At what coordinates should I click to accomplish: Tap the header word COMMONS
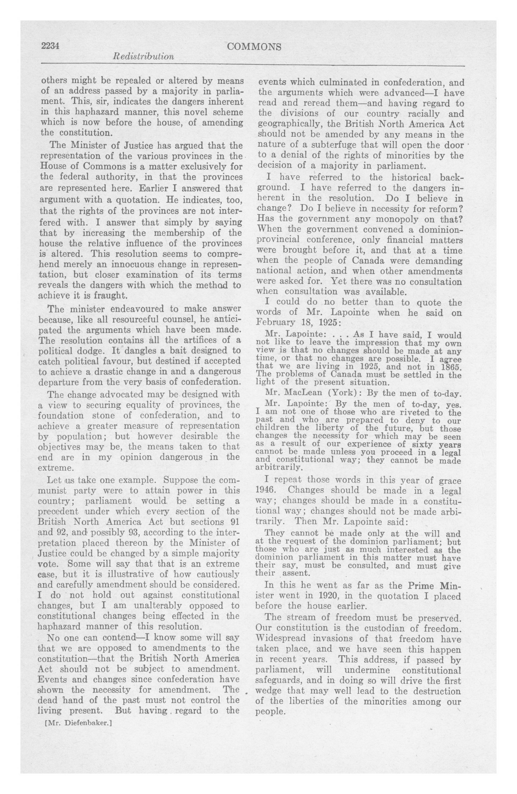(254, 47)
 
